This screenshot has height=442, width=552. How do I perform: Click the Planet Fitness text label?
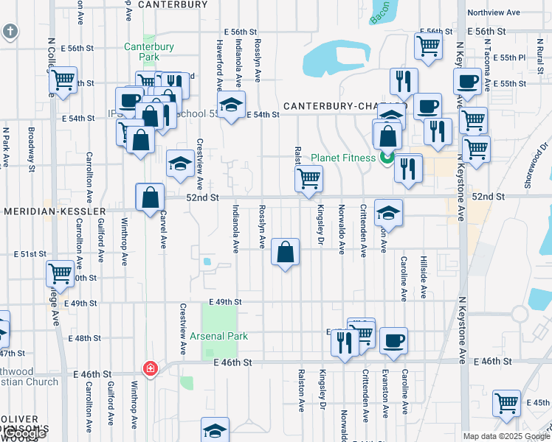click(344, 158)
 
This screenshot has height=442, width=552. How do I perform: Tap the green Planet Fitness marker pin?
click(385, 158)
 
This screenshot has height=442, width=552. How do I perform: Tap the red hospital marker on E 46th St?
click(151, 368)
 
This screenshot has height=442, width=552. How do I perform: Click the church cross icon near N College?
click(10, 32)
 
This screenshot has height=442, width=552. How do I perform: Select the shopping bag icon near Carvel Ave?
click(150, 197)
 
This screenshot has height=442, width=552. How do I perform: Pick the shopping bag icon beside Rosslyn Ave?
click(285, 253)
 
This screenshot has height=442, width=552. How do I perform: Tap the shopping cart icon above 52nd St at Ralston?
click(308, 178)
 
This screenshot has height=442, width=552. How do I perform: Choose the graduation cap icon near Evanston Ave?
click(388, 213)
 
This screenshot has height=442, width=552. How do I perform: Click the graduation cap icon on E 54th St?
click(232, 106)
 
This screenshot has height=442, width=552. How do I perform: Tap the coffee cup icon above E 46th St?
click(393, 340)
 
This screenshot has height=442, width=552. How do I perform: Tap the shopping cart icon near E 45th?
click(507, 403)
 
